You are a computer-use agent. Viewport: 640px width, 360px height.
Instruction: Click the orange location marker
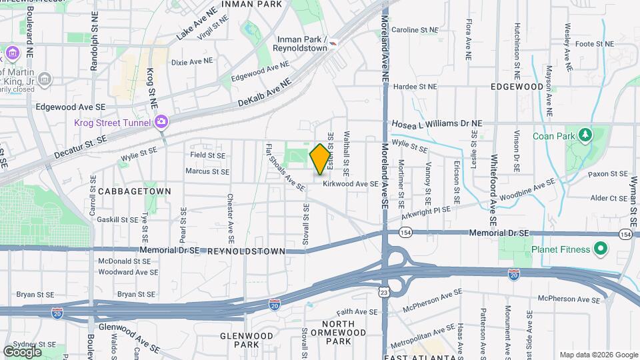(320, 159)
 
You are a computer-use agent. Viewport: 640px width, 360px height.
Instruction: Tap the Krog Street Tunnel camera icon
(161, 121)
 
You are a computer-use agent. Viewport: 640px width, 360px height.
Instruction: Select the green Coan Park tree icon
(585, 135)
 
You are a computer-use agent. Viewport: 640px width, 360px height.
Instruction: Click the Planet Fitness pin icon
(600, 249)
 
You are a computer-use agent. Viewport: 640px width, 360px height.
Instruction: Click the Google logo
(22, 351)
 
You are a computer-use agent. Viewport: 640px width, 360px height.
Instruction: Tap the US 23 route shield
(383, 291)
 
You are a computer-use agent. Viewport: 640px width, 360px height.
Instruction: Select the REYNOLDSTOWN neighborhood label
(247, 251)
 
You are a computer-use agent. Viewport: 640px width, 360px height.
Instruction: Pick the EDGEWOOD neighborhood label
(517, 87)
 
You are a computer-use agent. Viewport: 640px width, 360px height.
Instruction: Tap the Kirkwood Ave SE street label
(351, 183)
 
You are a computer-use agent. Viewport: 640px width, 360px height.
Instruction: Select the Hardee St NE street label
(415, 86)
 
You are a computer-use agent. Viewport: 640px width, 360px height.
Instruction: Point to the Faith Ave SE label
(357, 311)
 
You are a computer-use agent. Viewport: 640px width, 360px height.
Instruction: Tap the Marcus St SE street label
(207, 171)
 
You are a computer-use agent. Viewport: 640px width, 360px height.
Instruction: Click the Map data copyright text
(598, 355)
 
